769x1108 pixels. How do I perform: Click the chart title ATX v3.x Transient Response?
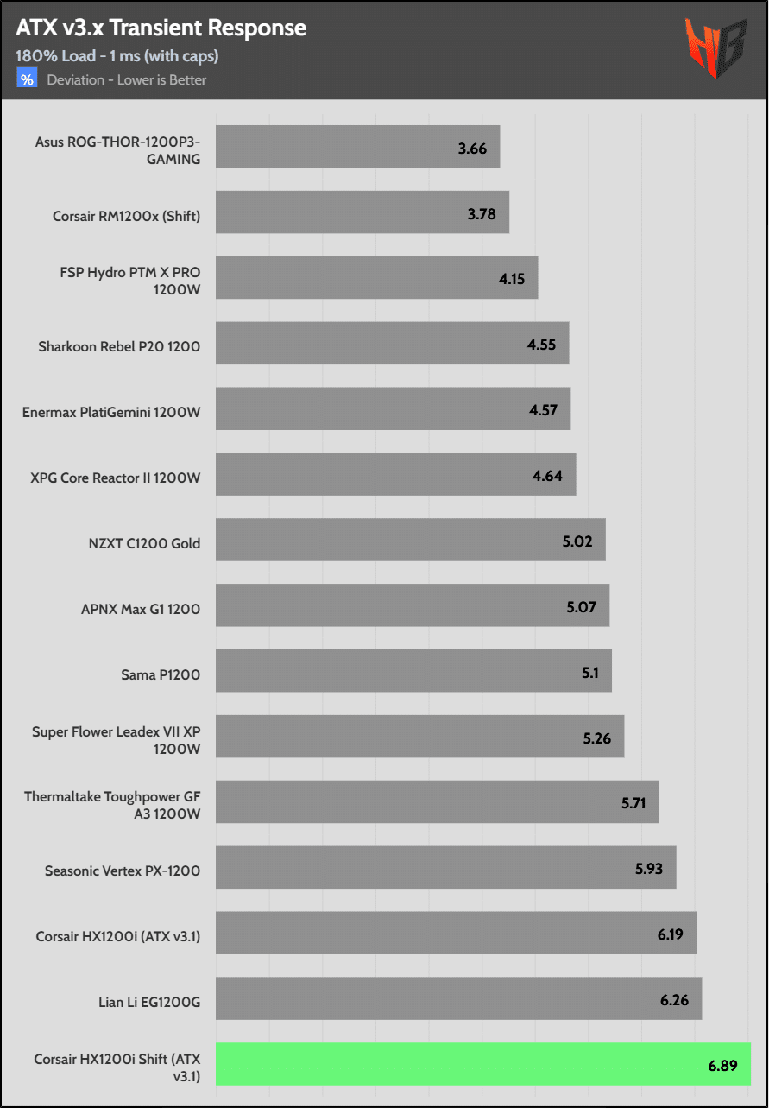[x=161, y=28]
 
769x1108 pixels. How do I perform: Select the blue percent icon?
[x=27, y=79]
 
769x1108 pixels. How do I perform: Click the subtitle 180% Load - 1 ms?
[x=117, y=56]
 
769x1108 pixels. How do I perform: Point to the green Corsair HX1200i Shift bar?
[x=482, y=1064]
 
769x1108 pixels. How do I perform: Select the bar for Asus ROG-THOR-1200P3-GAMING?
[x=357, y=147]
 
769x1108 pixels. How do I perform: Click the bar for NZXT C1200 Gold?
[x=410, y=540]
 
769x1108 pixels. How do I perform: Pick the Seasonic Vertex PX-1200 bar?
[x=445, y=867]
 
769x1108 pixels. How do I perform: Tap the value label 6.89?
[x=722, y=1065]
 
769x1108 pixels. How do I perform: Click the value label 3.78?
[x=482, y=213]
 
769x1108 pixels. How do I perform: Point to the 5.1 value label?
[x=590, y=672]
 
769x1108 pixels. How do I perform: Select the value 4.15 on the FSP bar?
[x=511, y=279]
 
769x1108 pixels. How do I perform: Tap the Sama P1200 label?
[x=161, y=674]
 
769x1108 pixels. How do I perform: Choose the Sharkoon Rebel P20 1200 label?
[x=119, y=347]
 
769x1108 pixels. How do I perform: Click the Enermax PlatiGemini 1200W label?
[x=111, y=412]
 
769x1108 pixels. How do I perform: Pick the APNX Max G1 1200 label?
[x=141, y=609]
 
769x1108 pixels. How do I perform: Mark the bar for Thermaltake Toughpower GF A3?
[x=437, y=801]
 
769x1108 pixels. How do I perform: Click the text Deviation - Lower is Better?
[x=127, y=80]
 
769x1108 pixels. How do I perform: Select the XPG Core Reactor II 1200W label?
[x=116, y=478]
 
